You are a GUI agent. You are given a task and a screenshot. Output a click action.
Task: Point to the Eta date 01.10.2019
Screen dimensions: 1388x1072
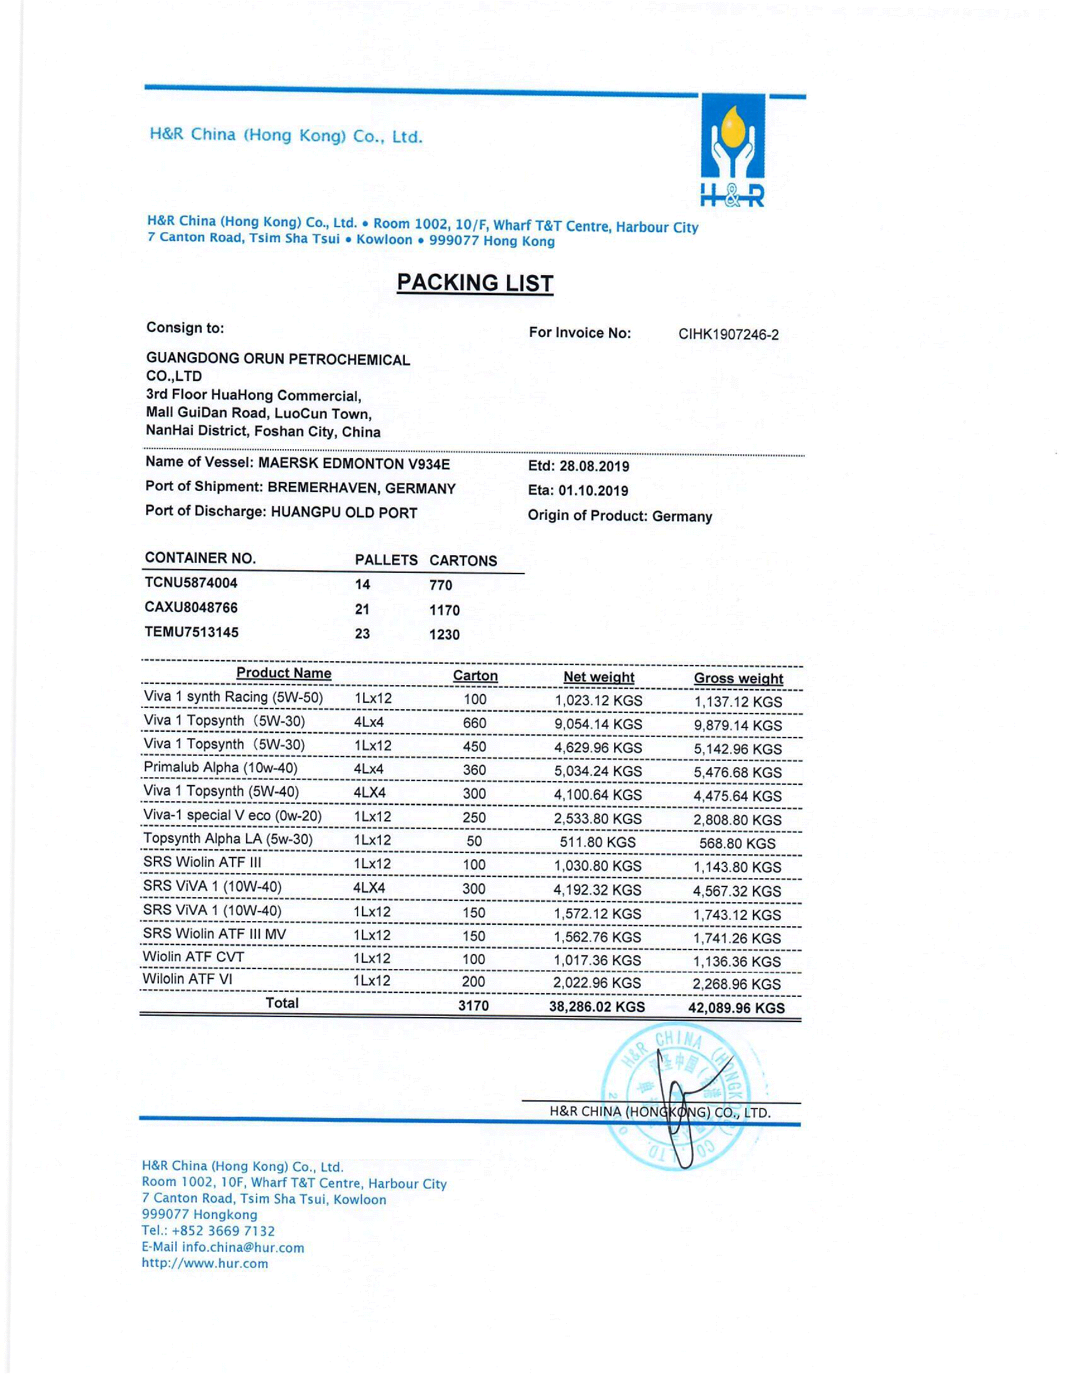pos(593,490)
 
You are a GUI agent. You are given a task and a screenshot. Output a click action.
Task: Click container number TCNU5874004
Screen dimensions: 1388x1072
pos(191,583)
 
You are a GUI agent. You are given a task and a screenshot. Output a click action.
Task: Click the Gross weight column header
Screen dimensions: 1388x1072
pos(738,678)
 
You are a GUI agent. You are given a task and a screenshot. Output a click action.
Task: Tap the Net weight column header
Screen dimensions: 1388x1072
pos(598,677)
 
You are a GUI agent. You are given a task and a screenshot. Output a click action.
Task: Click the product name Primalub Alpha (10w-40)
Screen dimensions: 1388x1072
pos(220,768)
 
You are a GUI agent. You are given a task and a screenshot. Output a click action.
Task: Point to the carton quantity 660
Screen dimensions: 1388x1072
pos(474,723)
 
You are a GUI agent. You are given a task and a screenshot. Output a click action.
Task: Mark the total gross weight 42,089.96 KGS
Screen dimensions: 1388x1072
pos(736,1008)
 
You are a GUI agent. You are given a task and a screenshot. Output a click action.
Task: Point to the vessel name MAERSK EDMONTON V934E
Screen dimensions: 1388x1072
pos(353,464)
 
